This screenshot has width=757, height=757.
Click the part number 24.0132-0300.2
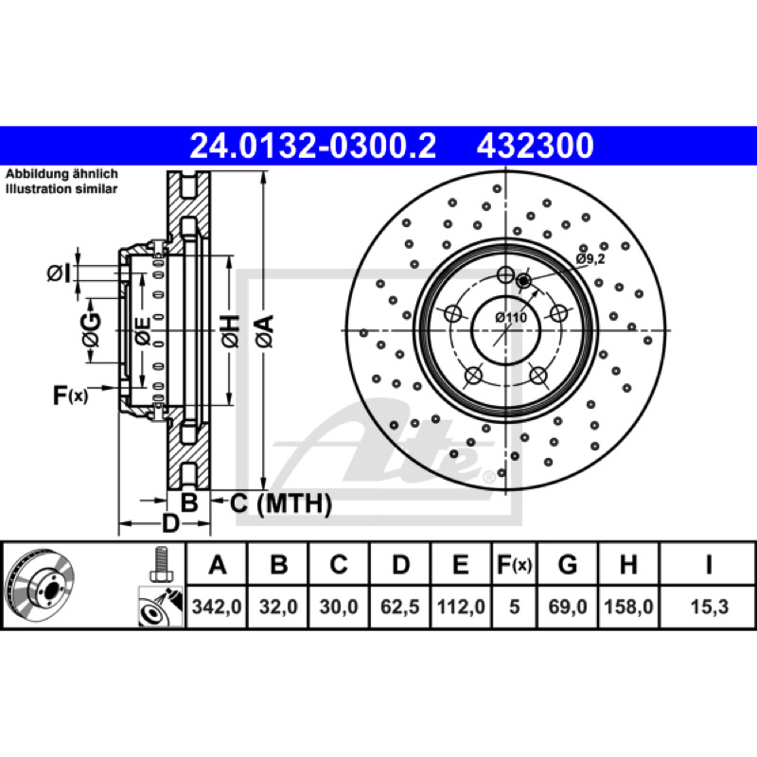[313, 146]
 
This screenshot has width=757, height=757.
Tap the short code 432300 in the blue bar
[535, 146]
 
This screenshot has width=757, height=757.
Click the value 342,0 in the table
[217, 607]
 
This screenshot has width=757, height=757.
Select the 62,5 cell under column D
[400, 607]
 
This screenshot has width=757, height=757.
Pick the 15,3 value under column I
[709, 607]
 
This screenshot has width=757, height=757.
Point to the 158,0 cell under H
[628, 607]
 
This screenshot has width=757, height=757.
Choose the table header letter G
[567, 564]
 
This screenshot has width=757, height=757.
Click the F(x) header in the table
[514, 564]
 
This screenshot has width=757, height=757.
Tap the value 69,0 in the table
[567, 607]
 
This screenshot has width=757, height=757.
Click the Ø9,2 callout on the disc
[590, 258]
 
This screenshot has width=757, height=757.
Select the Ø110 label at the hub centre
[511, 317]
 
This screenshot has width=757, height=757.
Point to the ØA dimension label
[265, 331]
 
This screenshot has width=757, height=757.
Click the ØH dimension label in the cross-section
[231, 331]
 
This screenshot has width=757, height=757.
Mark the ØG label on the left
[91, 329]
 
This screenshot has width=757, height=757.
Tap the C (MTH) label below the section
[280, 503]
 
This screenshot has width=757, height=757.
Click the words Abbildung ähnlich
[62, 174]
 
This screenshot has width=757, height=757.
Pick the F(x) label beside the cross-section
[70, 396]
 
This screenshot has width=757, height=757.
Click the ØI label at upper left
[59, 273]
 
